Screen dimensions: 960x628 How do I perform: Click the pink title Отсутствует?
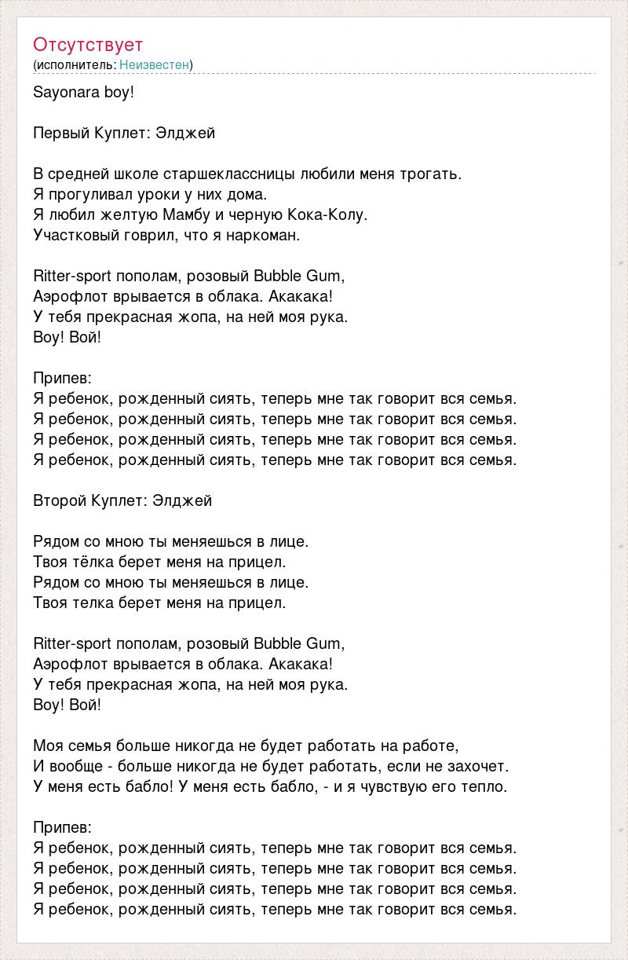point(88,44)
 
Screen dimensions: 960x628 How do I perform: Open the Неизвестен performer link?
point(155,64)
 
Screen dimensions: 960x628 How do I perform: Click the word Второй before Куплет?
point(59,500)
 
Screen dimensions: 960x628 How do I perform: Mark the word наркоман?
point(265,235)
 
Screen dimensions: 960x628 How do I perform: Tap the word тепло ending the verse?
point(487,786)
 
